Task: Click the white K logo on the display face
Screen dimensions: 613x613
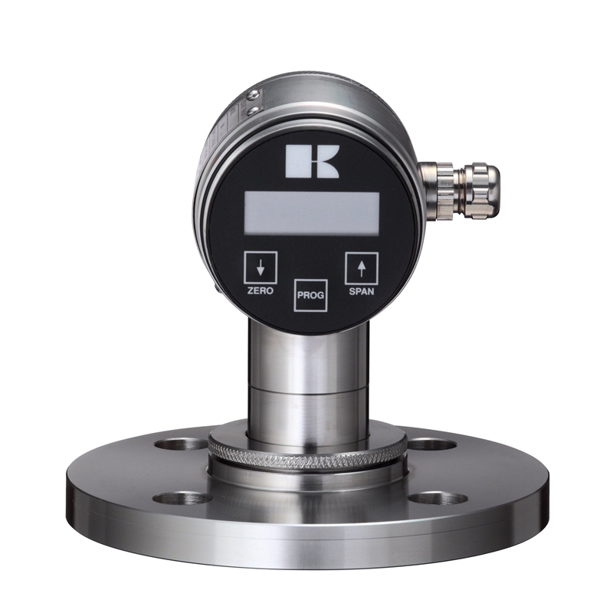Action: pos(312,162)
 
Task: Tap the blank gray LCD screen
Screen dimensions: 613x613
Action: pos(312,214)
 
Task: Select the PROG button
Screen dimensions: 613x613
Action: pos(310,295)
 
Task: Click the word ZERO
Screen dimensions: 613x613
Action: pos(260,291)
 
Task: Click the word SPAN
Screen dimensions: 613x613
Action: pos(361,291)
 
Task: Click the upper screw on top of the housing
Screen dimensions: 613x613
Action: pos(254,94)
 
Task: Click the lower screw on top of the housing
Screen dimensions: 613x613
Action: pos(254,111)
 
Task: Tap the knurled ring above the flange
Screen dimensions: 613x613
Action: pos(307,454)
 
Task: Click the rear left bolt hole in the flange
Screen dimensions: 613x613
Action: pos(181,444)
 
